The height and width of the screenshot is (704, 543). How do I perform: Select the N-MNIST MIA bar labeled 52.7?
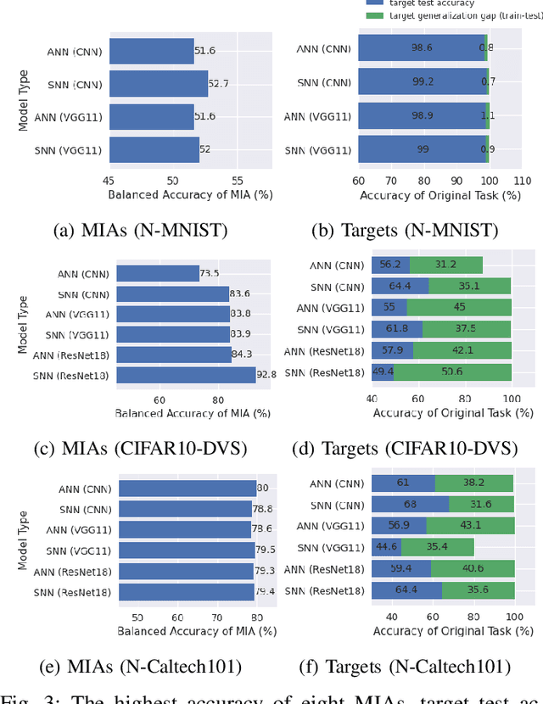158,84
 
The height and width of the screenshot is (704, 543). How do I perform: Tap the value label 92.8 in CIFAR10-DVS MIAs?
268,375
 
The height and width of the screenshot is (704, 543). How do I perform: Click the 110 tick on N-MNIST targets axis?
523,181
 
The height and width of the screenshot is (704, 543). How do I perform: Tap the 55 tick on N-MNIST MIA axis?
238,181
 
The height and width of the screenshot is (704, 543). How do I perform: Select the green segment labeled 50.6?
452,372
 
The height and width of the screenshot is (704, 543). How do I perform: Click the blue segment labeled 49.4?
382,372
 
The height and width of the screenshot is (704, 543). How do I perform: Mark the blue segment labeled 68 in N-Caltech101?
410,504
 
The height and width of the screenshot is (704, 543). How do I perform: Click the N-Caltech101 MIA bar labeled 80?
187,488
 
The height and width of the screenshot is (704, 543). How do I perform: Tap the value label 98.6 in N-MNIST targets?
422,47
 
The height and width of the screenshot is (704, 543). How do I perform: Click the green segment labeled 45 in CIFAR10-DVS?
459,307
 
